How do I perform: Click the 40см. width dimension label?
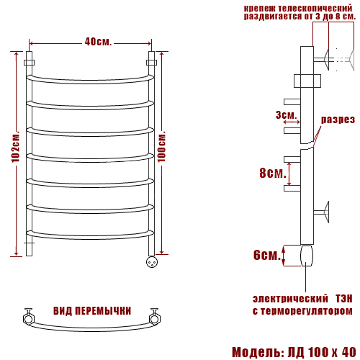click(98, 42)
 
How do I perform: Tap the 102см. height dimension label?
click(16, 147)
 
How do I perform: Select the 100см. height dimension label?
click(162, 147)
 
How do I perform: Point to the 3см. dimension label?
click(286, 115)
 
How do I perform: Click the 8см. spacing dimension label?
click(273, 173)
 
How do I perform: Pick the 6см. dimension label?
click(267, 255)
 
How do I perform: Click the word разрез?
click(338, 120)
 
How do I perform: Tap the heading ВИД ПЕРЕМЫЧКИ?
click(92, 311)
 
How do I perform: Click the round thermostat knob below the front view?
click(152, 261)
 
